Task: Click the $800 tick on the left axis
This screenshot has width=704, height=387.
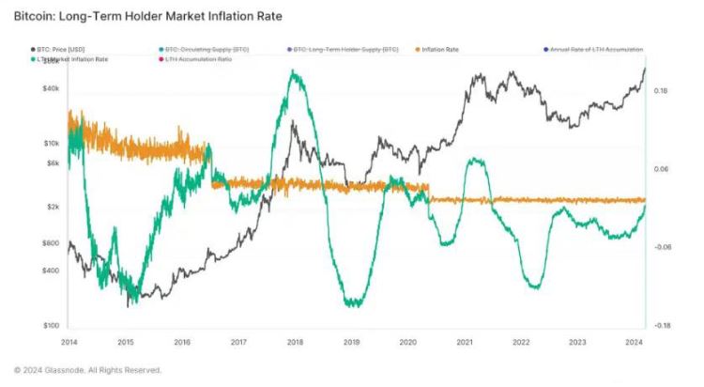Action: (x=50, y=243)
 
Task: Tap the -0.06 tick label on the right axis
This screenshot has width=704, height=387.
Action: (x=662, y=247)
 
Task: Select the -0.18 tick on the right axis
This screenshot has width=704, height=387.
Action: (x=662, y=325)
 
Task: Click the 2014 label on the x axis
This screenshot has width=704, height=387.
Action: (x=69, y=342)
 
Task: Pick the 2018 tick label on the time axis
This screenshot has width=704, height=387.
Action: (x=295, y=342)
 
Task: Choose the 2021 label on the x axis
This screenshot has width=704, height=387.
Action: (x=464, y=342)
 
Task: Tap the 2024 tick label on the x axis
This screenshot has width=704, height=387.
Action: (x=634, y=342)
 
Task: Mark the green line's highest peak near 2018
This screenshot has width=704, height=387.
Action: (x=296, y=72)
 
